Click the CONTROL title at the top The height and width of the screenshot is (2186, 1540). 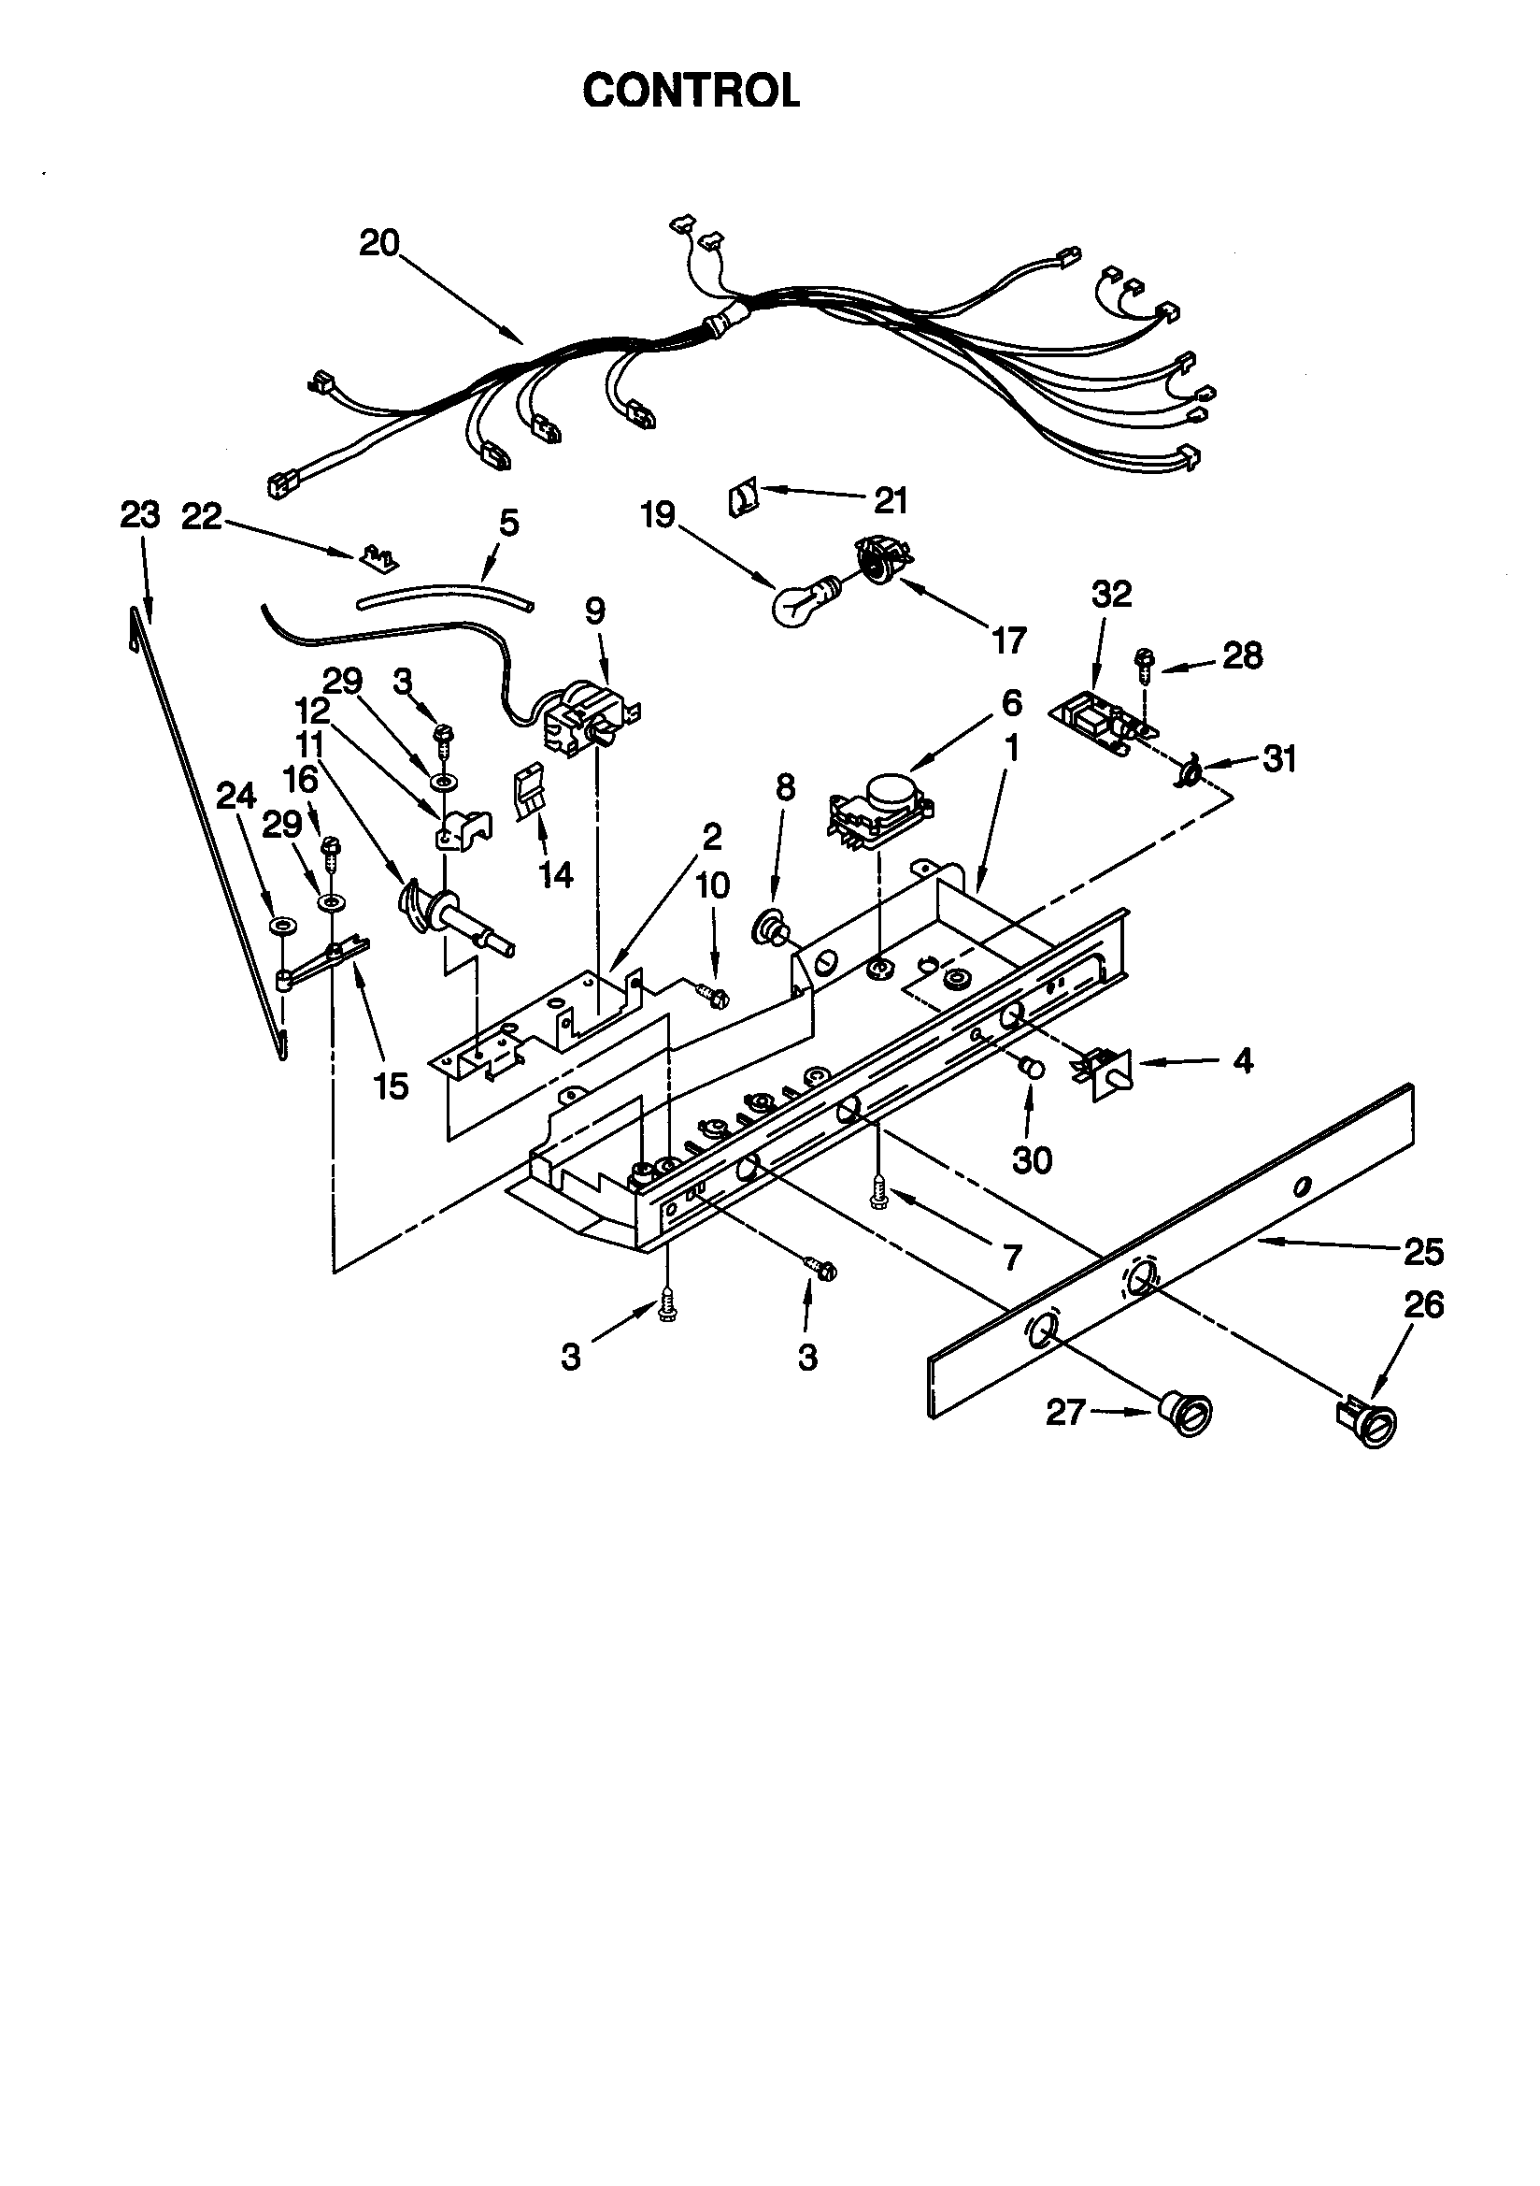pos(691,92)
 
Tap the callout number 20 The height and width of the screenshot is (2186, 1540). pos(378,244)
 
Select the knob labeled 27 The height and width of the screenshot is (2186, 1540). pos(1187,1410)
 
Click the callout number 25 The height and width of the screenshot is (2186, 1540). pos(1423,1252)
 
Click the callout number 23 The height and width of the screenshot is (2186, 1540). pos(140,515)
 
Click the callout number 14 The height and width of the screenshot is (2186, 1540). pos(557,874)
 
